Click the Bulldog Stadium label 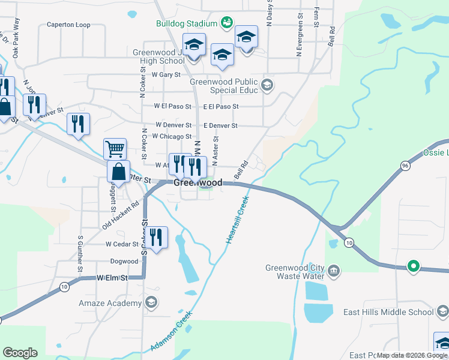185,24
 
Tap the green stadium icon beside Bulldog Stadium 226,23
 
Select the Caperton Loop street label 68,25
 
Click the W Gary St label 166,75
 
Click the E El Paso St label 220,106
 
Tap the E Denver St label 220,125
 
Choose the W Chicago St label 172,136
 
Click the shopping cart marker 115,148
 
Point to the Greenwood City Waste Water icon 335,272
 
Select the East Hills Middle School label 388,312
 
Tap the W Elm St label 113,278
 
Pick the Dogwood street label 124,262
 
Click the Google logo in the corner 20,353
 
